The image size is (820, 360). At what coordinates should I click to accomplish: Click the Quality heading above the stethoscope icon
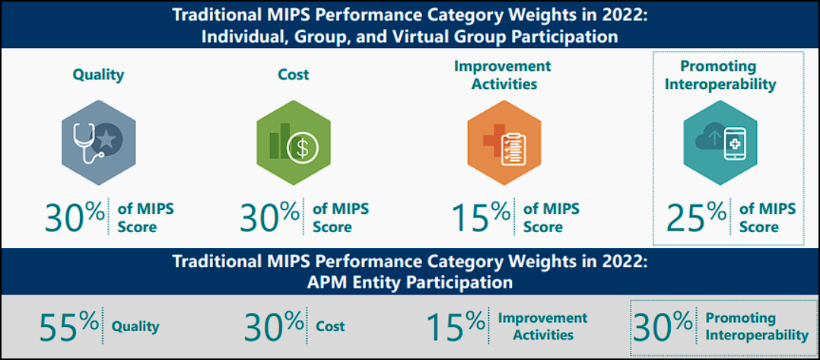pyautogui.click(x=98, y=75)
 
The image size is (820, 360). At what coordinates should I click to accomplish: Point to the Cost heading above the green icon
pyautogui.click(x=294, y=75)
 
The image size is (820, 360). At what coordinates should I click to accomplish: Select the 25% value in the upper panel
pyautogui.click(x=696, y=216)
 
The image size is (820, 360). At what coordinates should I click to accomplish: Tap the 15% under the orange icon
pyautogui.click(x=481, y=216)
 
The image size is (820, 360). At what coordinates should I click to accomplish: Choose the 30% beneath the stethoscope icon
pyautogui.click(x=75, y=216)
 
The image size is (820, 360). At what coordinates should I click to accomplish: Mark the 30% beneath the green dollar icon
pyautogui.click(x=270, y=216)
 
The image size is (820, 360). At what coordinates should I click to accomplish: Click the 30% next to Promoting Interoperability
pyautogui.click(x=663, y=327)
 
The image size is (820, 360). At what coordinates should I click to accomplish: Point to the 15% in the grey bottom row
pyautogui.click(x=455, y=327)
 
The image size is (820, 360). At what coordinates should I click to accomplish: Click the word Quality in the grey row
pyautogui.click(x=135, y=327)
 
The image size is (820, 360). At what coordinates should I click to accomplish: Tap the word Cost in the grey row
pyautogui.click(x=330, y=327)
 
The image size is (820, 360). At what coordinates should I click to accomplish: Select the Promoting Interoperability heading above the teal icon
pyautogui.click(x=720, y=75)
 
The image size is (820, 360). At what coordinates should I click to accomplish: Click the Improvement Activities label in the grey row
pyautogui.click(x=542, y=326)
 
